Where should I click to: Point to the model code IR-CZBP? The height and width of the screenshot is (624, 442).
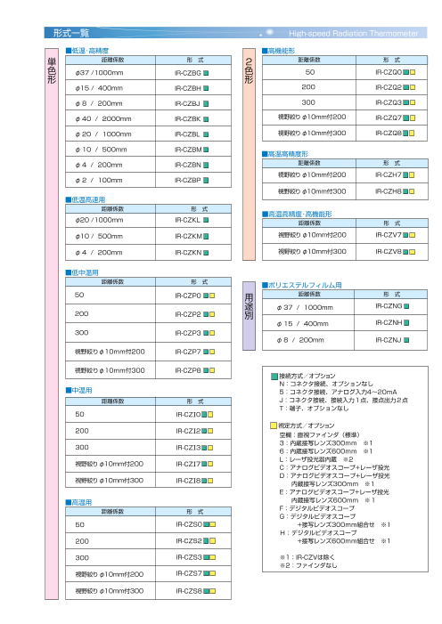[x=188, y=180]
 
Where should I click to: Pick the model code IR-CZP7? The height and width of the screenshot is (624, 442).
[x=188, y=352]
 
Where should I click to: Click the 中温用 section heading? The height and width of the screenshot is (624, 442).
[x=78, y=390]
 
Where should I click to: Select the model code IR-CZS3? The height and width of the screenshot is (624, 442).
[x=188, y=556]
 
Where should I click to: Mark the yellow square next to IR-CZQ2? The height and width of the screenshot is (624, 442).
[x=413, y=88]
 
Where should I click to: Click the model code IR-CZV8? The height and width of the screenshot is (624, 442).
[x=389, y=252]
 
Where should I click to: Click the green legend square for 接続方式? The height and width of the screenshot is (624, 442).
[x=274, y=377]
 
